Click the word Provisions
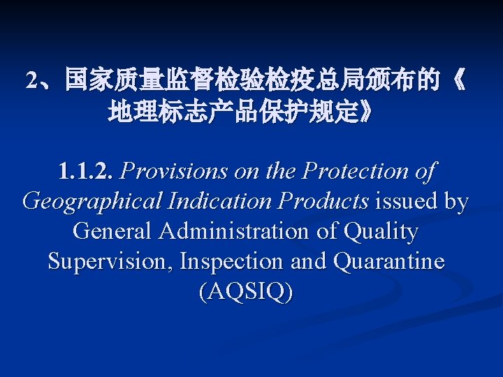point(175,171)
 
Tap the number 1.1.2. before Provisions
point(87,171)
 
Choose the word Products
point(324,202)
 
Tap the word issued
point(408,202)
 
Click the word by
point(456,202)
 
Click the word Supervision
point(109,261)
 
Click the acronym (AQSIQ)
point(246,291)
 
